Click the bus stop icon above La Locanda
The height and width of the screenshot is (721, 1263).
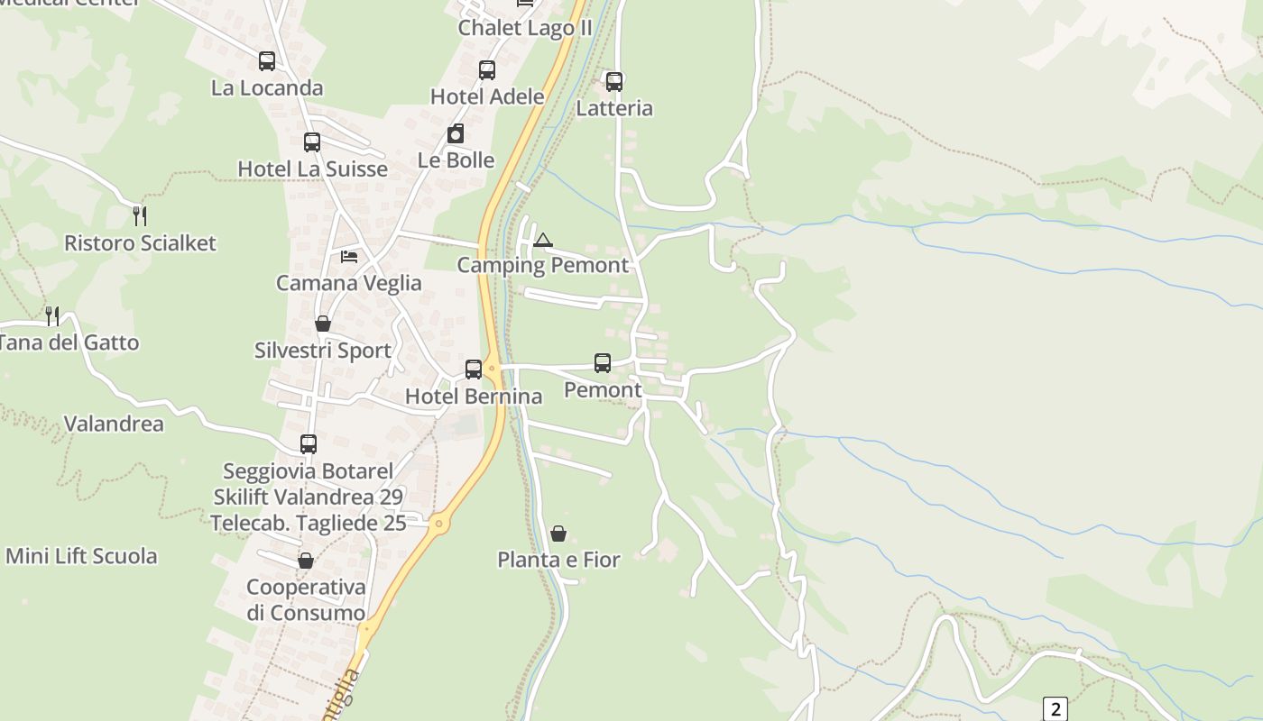(x=267, y=61)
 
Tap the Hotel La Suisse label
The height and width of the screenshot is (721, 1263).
(x=312, y=169)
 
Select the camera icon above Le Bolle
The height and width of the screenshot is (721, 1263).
(x=456, y=134)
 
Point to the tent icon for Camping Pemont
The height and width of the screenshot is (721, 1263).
(x=542, y=240)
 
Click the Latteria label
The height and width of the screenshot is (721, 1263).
(x=614, y=108)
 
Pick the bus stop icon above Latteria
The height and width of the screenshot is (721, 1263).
(x=614, y=82)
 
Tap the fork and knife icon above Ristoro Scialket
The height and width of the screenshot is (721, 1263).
(x=140, y=216)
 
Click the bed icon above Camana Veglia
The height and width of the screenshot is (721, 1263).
(x=349, y=257)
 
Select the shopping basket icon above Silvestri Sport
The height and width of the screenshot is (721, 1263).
(x=323, y=324)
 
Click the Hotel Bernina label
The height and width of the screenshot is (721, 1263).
(x=474, y=397)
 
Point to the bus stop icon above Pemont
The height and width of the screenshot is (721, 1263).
(x=603, y=363)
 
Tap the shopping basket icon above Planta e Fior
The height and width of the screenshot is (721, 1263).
(x=558, y=534)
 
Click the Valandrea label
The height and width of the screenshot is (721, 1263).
(x=114, y=424)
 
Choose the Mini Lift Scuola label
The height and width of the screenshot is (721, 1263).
(x=81, y=556)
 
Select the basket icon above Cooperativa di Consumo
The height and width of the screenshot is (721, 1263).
(x=306, y=561)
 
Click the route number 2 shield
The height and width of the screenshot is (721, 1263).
(x=1055, y=708)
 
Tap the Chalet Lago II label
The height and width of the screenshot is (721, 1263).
(x=525, y=28)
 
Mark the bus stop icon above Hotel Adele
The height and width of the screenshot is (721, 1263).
(x=487, y=70)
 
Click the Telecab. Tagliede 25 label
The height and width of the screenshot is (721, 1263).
(x=309, y=523)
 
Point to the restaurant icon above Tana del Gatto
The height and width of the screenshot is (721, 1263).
(x=52, y=316)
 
